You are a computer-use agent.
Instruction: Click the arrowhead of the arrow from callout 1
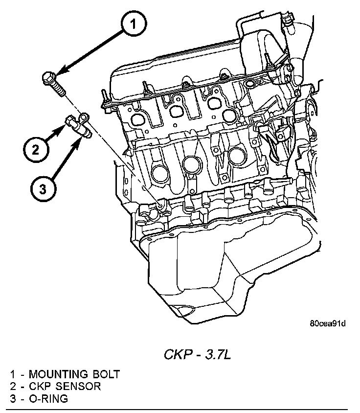point(58,74)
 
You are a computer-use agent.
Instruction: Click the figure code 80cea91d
point(327,323)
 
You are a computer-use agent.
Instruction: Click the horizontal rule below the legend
point(180,409)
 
